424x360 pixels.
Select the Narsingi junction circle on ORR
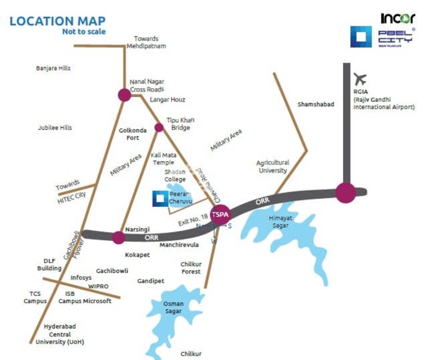pos(118,237)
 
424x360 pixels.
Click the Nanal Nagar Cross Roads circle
pos(125,95)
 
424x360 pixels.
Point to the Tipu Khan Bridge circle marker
pos(159,127)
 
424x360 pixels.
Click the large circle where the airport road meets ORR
pos(345,193)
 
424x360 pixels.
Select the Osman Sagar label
pos(174,307)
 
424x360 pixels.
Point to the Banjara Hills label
pos(53,69)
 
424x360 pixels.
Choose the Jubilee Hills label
pos(54,127)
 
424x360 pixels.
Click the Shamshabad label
pos(316,104)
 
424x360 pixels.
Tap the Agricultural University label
pos(272,166)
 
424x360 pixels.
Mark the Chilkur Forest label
pos(190,267)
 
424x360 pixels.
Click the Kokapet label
pos(138,254)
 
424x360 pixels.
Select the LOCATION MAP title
pos(57,22)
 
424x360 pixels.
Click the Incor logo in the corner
pos(398,18)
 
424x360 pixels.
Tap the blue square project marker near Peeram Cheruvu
pos(160,197)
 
